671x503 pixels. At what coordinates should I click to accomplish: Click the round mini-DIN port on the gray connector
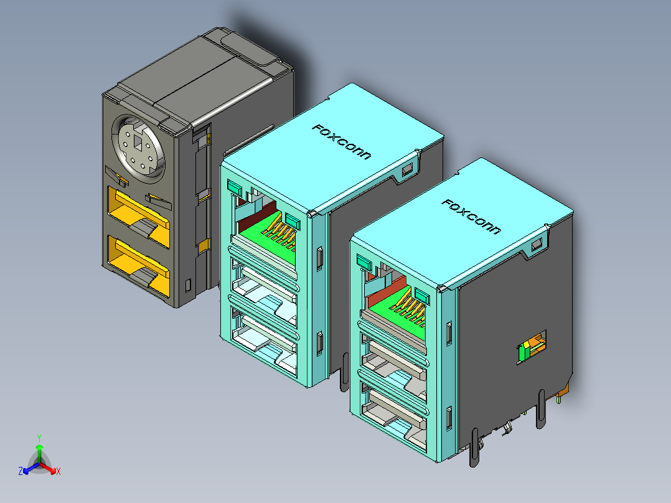tap(139, 148)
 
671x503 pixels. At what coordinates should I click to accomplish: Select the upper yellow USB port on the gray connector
tap(139, 212)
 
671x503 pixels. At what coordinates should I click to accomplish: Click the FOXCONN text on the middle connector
tap(341, 142)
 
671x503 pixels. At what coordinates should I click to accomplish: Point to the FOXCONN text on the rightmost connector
tap(471, 217)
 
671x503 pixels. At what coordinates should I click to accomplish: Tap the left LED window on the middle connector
tap(235, 186)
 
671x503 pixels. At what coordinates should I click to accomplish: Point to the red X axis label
tap(59, 472)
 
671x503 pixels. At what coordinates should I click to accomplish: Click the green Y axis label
tap(39, 437)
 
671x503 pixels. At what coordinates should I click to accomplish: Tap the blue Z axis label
tap(20, 471)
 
